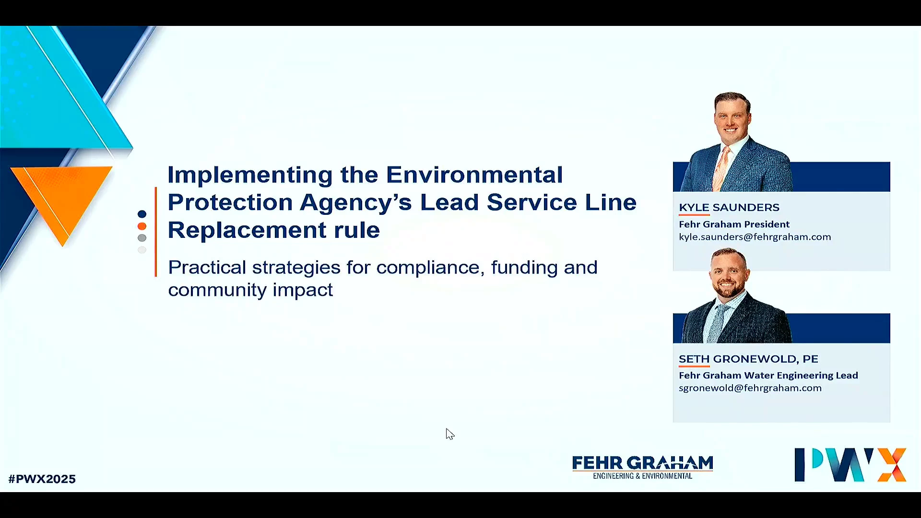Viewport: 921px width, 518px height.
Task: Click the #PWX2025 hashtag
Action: [x=42, y=479]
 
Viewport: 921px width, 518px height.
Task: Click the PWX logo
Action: [x=850, y=464]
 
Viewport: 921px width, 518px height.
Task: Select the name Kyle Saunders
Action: [x=729, y=207]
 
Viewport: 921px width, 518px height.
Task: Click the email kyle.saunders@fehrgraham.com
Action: [x=755, y=237]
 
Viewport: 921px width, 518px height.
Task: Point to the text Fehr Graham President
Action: [x=734, y=224]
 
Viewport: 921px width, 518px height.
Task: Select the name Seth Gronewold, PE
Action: [x=748, y=359]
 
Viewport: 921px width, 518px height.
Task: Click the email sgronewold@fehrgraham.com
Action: [x=750, y=388]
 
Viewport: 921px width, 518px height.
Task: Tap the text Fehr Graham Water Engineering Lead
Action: [x=768, y=376]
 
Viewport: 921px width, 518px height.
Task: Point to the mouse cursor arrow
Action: [x=449, y=434]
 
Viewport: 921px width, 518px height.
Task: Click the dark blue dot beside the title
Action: [x=142, y=214]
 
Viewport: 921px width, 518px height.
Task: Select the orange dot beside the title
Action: [x=142, y=226]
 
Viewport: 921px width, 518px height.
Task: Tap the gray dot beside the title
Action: [x=142, y=238]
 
